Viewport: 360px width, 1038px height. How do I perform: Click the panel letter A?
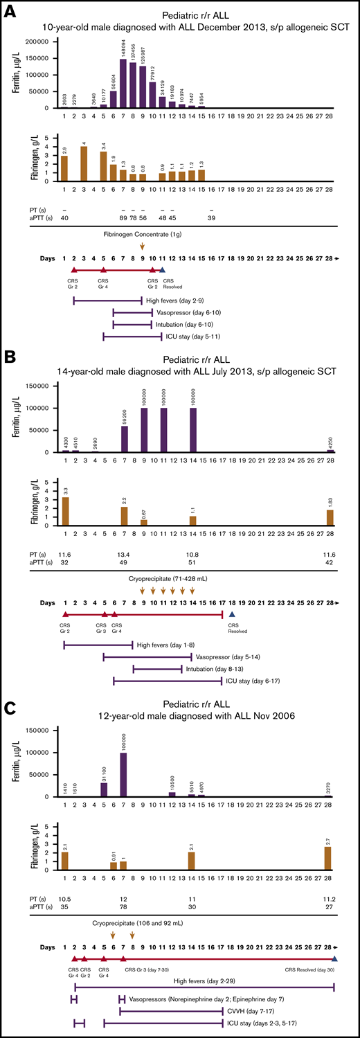point(10,12)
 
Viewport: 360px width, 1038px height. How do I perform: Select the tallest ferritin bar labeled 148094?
point(123,84)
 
